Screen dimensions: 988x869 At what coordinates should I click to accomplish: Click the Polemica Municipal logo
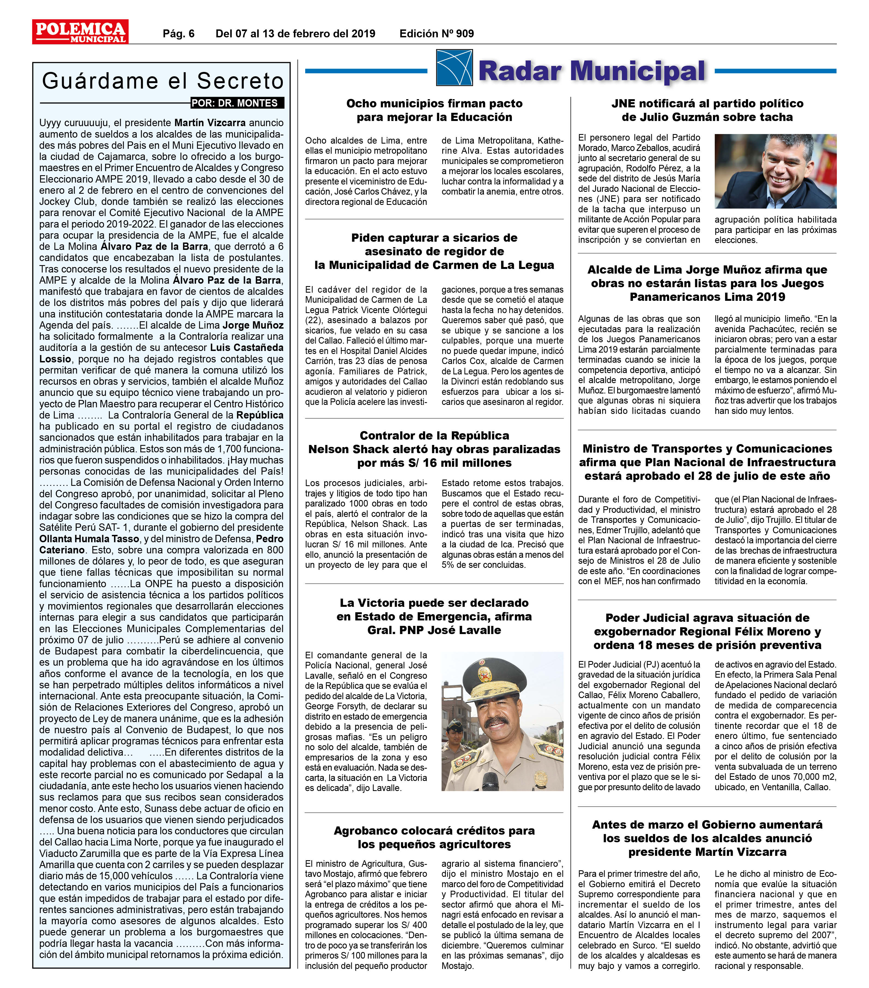80,32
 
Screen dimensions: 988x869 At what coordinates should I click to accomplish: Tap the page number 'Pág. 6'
178,33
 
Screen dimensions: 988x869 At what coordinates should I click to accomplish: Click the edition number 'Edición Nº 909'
437,33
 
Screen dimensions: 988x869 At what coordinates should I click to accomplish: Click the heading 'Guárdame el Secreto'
162,81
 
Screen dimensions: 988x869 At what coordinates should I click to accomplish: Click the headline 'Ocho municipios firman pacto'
434,110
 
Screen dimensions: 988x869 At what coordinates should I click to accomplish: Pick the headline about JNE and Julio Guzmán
707,110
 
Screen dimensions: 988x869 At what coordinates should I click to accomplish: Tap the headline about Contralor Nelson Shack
434,449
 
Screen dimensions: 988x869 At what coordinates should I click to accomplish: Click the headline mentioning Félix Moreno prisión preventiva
707,631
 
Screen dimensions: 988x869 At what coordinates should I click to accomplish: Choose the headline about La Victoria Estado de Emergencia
434,616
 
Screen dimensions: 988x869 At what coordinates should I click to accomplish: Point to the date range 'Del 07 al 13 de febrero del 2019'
295,33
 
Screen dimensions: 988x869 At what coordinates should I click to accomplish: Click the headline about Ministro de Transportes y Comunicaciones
707,462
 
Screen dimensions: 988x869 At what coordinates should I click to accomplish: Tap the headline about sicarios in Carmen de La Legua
434,251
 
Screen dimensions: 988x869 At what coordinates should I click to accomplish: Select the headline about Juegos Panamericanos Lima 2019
707,283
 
